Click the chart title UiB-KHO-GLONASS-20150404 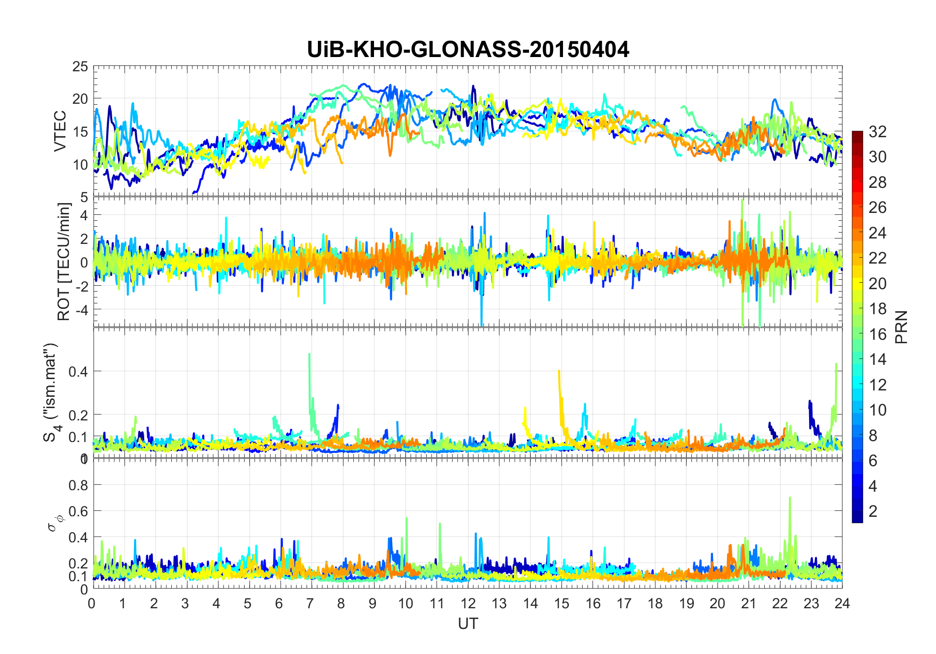pyautogui.click(x=468, y=50)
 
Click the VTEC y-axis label pyautogui.click(x=60, y=131)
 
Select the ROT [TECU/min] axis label pyautogui.click(x=64, y=262)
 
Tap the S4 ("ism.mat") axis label pyautogui.click(x=51, y=392)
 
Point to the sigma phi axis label pyautogui.click(x=52, y=522)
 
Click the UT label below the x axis pyautogui.click(x=468, y=624)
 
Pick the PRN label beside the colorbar pyautogui.click(x=902, y=327)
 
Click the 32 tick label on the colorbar pyautogui.click(x=877, y=131)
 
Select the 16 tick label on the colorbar pyautogui.click(x=877, y=334)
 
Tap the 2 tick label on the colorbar pyautogui.click(x=873, y=511)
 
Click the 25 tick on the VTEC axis pyautogui.click(x=80, y=66)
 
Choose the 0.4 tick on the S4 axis pyautogui.click(x=78, y=371)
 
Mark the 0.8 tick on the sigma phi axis pyautogui.click(x=78, y=485)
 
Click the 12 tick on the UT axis pyautogui.click(x=468, y=603)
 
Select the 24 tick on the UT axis pyautogui.click(x=842, y=603)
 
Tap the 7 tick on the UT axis pyautogui.click(x=310, y=603)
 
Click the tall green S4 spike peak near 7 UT pyautogui.click(x=309, y=354)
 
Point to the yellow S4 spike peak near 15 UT pyautogui.click(x=559, y=371)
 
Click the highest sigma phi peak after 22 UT pyautogui.click(x=790, y=498)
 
